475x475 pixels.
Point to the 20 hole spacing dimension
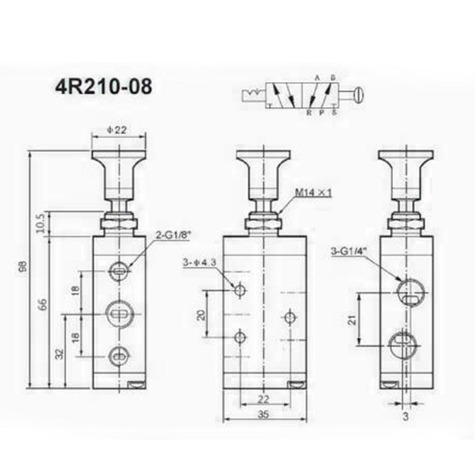point(201,314)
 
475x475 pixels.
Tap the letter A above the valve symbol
point(317,77)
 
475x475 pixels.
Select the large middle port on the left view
point(118,313)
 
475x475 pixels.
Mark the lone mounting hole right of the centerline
point(289,315)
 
